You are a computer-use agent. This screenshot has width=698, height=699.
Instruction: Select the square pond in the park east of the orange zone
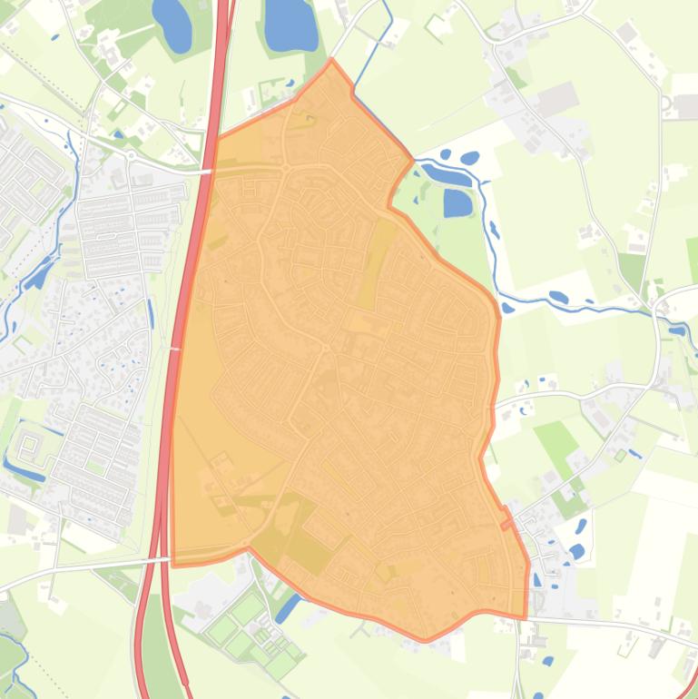point(458,202)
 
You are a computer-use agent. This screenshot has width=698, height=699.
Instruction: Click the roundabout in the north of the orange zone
point(285,169)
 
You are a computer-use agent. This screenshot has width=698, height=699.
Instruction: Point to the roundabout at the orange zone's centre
point(325,348)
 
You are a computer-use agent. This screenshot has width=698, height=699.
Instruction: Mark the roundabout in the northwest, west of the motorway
point(130,155)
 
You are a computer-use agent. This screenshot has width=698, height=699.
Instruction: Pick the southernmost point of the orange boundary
point(425,641)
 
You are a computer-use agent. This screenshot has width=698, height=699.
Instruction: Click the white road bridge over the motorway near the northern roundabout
point(206,170)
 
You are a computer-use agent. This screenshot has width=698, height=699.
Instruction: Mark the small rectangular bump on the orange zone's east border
point(506,523)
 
